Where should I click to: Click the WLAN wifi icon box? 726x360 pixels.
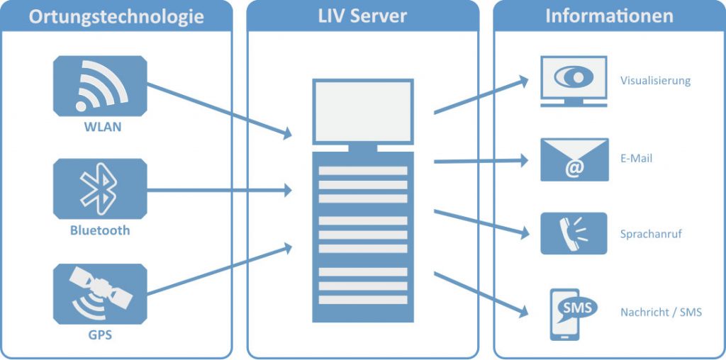[x=100, y=86]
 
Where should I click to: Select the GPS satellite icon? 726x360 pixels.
[x=100, y=294]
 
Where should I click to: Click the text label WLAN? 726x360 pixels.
[x=102, y=127]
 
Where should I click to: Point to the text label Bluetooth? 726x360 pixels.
[x=100, y=230]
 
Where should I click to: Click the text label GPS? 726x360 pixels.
[x=100, y=334]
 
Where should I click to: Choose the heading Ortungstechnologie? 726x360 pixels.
[x=116, y=17]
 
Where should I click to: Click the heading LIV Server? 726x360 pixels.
[x=362, y=16]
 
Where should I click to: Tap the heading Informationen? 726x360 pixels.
[x=609, y=16]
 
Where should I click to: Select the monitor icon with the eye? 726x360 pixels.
[x=574, y=81]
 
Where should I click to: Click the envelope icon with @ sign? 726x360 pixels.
[x=574, y=159]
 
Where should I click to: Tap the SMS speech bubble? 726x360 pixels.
[x=577, y=308]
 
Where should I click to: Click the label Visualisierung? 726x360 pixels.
[x=655, y=81]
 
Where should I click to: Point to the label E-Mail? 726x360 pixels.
[x=636, y=158]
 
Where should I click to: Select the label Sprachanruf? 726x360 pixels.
[x=651, y=234]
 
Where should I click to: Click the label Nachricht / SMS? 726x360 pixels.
[x=661, y=313]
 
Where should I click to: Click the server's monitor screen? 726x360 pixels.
[x=362, y=111]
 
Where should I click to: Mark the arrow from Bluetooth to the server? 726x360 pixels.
[x=220, y=190]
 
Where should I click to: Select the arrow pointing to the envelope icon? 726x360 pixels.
[x=481, y=161]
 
